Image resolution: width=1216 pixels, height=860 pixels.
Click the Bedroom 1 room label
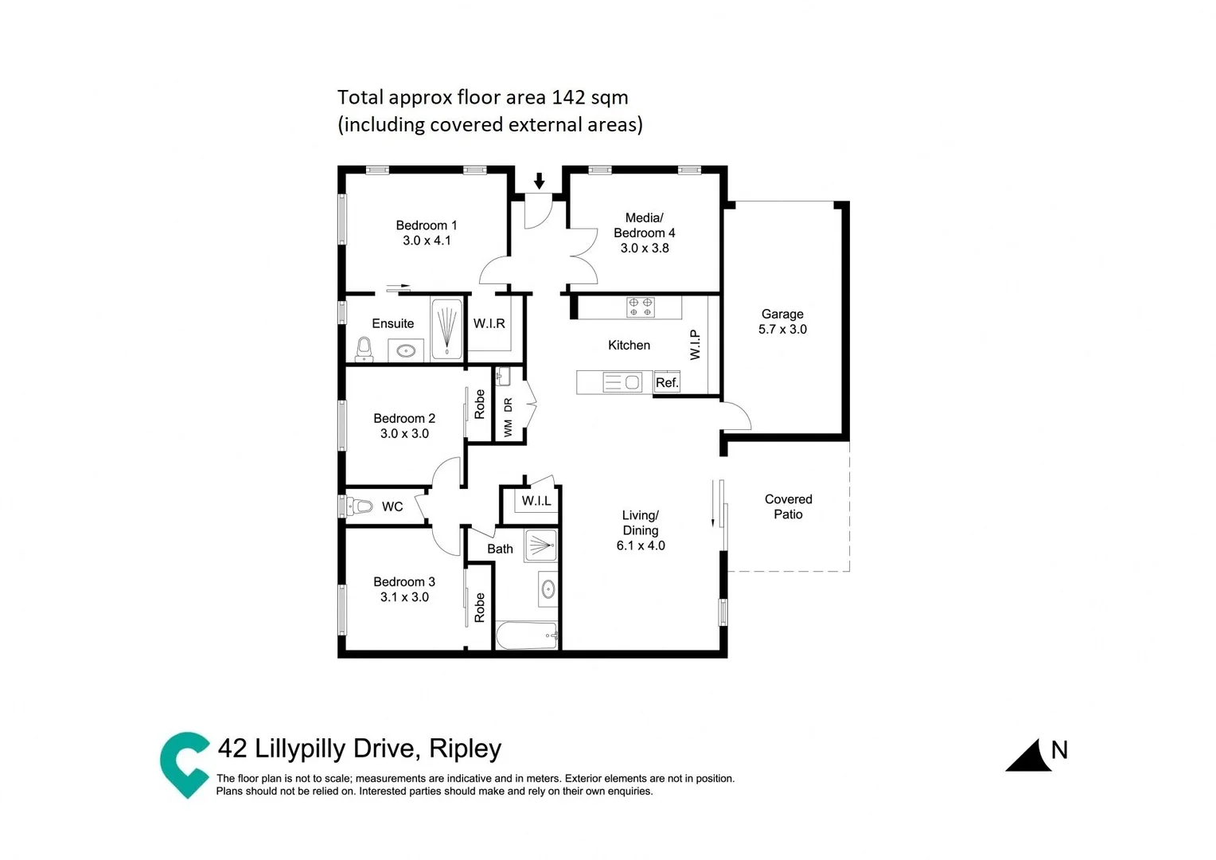[427, 225]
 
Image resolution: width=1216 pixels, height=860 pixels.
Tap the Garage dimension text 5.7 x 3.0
[782, 330]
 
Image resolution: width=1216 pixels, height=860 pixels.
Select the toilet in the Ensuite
[364, 350]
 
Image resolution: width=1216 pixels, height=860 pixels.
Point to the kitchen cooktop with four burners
[641, 307]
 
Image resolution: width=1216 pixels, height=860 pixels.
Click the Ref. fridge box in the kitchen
[667, 383]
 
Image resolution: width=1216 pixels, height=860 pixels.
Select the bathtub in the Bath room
[526, 635]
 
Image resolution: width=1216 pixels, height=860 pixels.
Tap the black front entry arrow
[540, 181]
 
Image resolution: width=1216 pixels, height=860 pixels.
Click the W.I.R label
[489, 323]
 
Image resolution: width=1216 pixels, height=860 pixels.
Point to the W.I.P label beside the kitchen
[695, 345]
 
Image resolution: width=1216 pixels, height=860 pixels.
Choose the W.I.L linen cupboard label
[536, 501]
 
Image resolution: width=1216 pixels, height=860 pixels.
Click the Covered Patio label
[788, 506]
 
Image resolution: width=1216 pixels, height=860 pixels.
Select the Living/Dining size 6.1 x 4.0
[641, 545]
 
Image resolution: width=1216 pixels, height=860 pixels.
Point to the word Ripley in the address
[466, 749]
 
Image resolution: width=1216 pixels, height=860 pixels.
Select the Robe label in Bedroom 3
[480, 607]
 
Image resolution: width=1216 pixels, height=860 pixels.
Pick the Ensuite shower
[447, 329]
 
